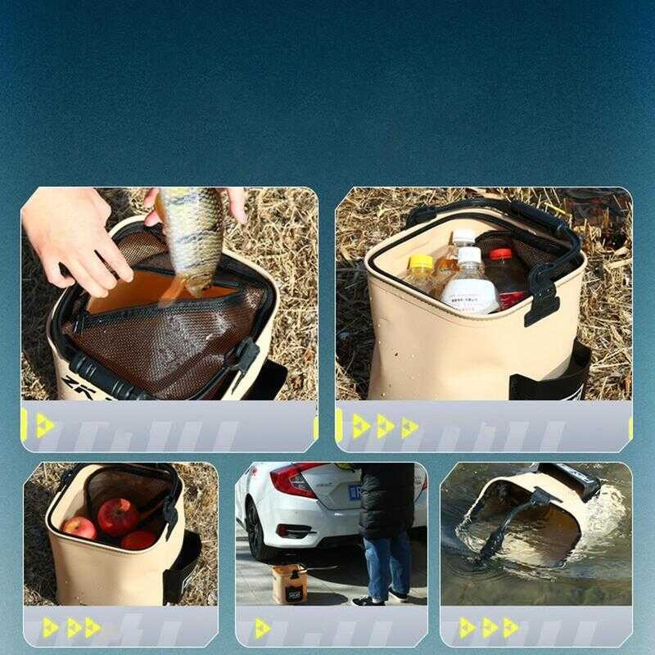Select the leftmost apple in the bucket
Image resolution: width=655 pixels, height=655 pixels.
click(79, 528)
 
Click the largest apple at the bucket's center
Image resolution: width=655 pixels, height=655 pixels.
click(118, 516)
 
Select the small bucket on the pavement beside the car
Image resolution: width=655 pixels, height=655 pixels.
click(290, 584)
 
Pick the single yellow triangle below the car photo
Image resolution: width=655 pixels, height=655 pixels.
click(261, 628)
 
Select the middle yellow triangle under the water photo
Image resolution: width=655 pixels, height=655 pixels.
click(489, 628)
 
